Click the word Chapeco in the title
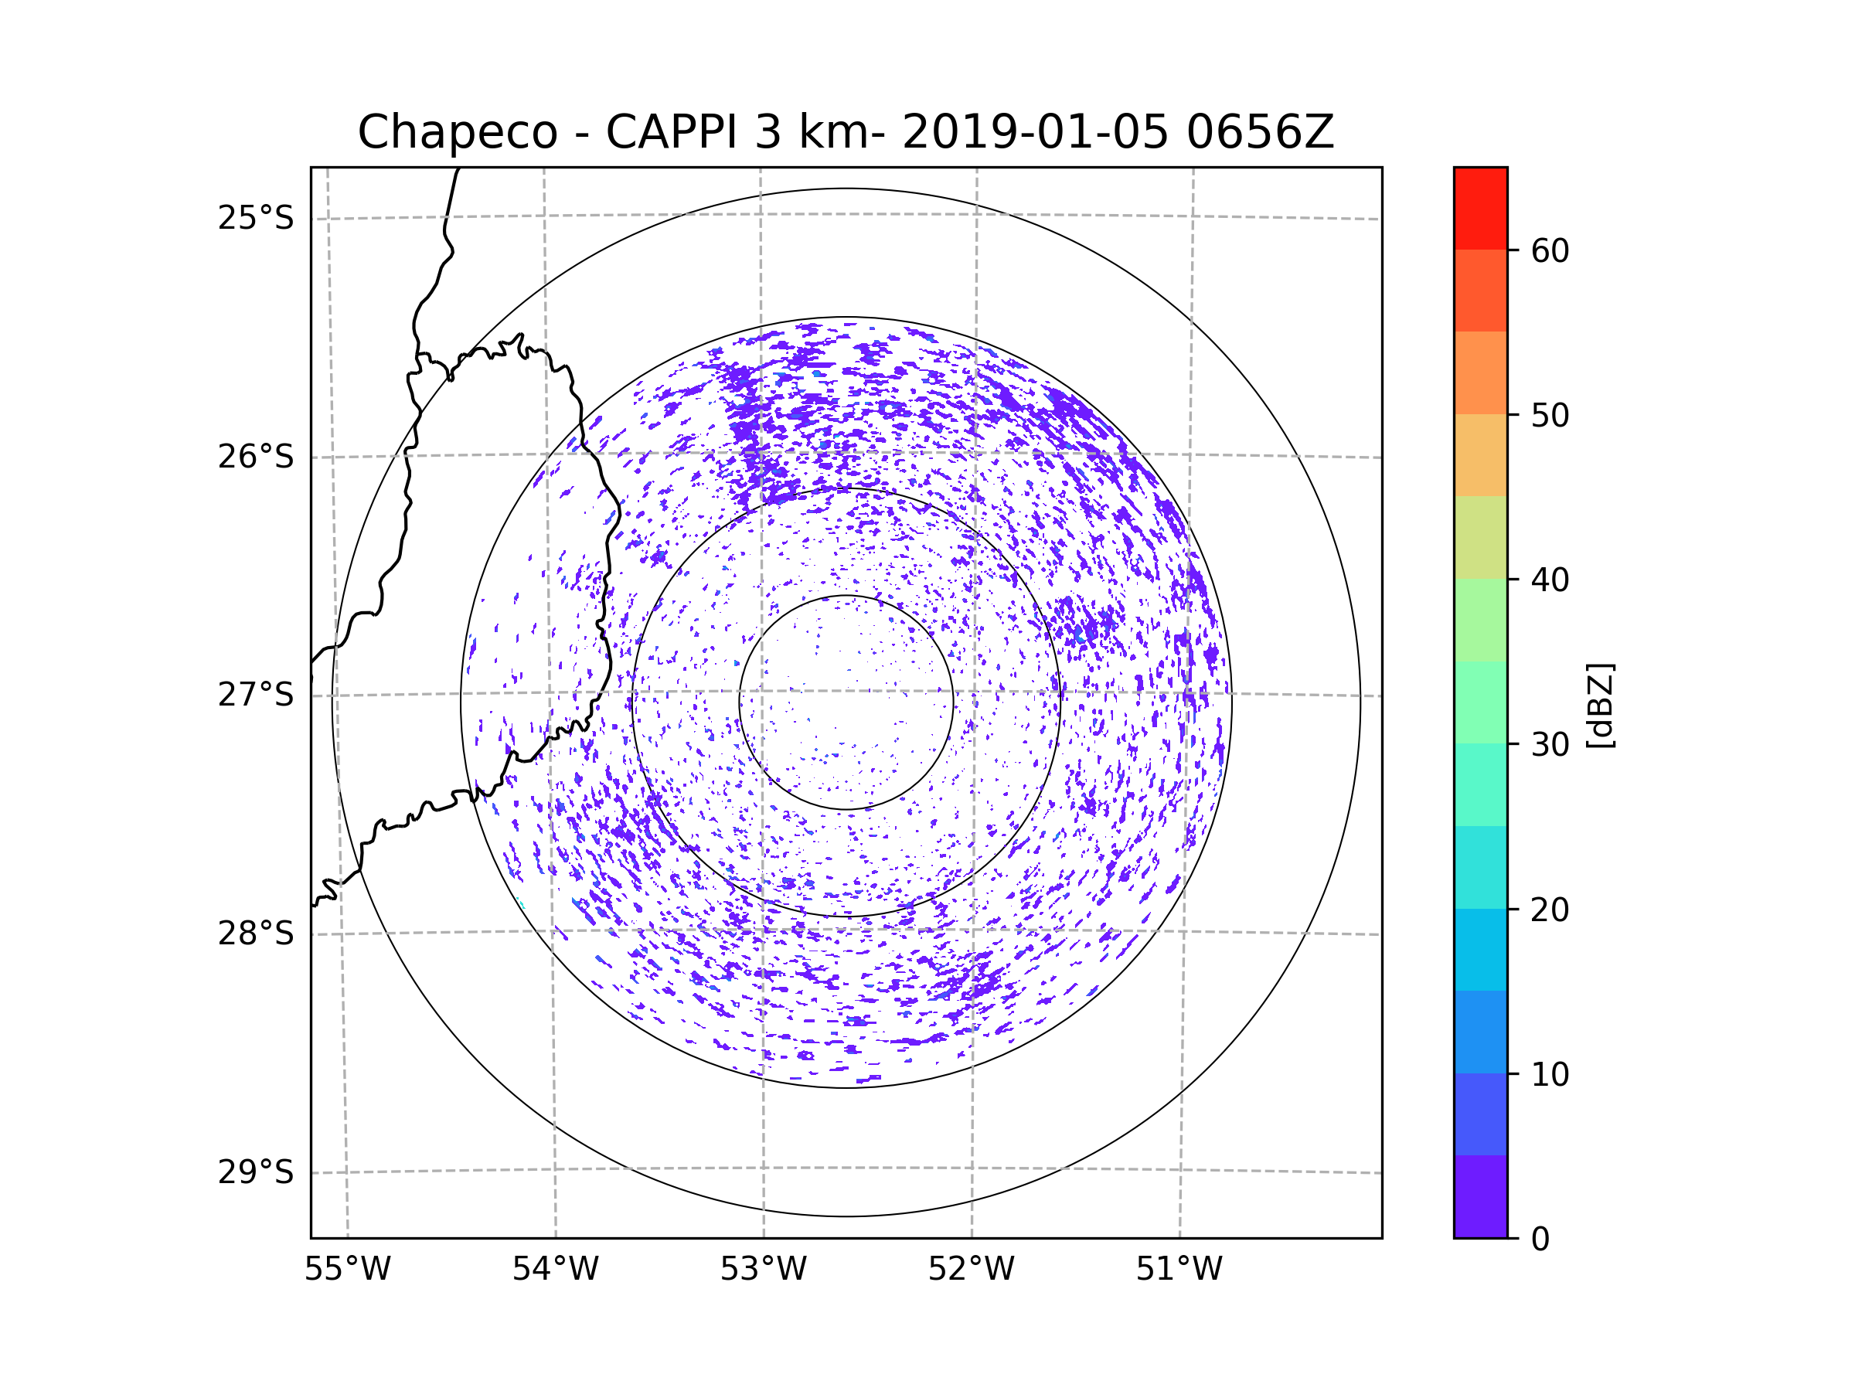pos(457,132)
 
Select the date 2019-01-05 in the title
pos(1035,132)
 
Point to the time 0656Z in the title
pos(1260,132)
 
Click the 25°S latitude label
pos(256,218)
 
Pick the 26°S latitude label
pos(256,457)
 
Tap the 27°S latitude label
pos(256,695)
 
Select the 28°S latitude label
pos(256,934)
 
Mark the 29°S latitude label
pos(256,1172)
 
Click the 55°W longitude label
pos(347,1270)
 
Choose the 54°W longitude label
pos(555,1270)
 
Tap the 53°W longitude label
pos(763,1270)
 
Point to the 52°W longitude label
pos(971,1270)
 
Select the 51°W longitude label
pos(1179,1270)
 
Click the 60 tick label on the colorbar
pos(1550,250)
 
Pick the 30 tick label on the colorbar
pos(1550,744)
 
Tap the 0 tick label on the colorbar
pos(1540,1240)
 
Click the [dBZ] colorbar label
pos(1600,705)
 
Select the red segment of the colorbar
pos(1480,208)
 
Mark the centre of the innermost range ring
pos(846,702)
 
